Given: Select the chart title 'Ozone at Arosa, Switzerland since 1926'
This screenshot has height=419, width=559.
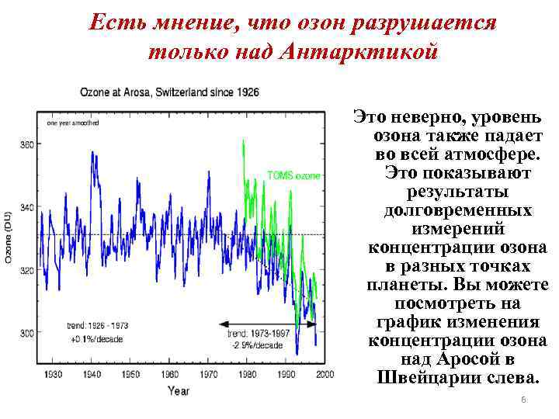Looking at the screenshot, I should coord(170,92).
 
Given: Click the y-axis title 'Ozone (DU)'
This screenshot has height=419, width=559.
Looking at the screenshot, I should coord(9,237).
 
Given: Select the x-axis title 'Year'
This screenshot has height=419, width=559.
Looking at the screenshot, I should coord(178,390).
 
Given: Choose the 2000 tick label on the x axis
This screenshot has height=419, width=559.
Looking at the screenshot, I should coord(325,374).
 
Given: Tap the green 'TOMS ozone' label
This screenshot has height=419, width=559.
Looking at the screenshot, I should coord(293,175).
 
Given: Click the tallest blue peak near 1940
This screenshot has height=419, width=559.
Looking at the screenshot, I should coord(93,153).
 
